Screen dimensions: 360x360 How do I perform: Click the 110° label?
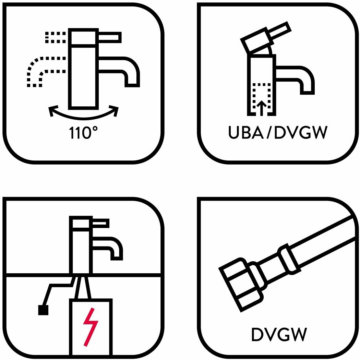pos(84,133)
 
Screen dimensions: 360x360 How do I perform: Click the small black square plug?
pos(43,310)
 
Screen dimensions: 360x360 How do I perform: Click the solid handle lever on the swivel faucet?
pos(110,37)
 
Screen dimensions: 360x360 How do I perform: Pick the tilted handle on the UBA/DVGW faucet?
pos(264,38)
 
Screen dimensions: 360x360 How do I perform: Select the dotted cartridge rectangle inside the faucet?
pos(262,98)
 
